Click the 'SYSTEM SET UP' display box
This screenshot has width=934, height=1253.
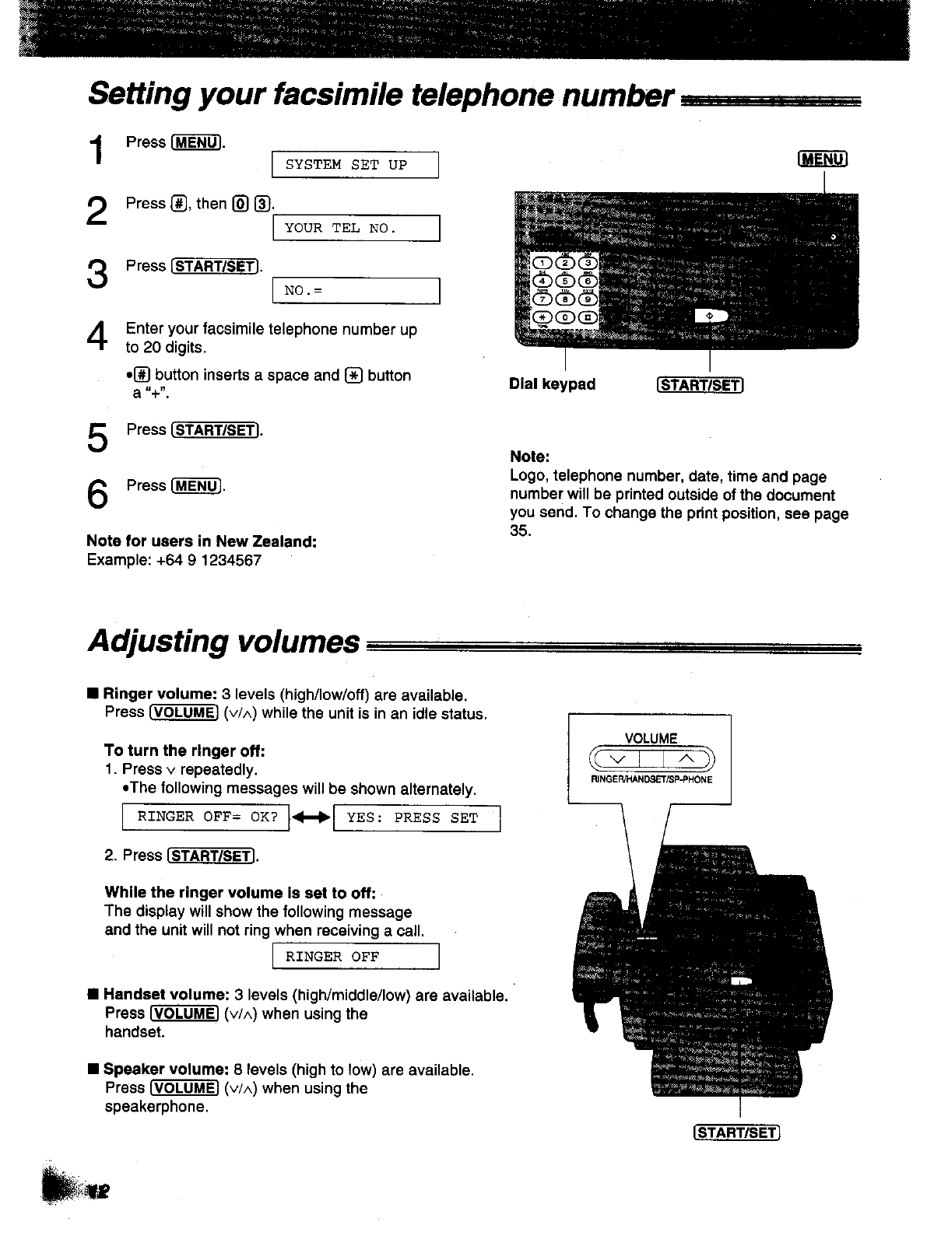(355, 165)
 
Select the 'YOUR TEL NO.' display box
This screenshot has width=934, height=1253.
(356, 228)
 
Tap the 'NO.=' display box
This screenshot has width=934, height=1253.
(356, 290)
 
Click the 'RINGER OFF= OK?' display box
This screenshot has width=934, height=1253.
(206, 817)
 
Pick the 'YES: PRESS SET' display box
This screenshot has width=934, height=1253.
(416, 818)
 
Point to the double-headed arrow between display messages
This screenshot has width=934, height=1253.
(311, 818)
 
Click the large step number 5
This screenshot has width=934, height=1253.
(97, 438)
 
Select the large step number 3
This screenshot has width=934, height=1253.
(97, 274)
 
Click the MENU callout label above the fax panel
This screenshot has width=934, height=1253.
(822, 159)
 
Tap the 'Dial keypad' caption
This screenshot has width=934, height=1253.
(552, 384)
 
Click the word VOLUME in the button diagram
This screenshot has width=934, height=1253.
(651, 738)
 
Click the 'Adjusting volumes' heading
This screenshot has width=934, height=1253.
(224, 642)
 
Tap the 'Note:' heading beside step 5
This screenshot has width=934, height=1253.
(529, 457)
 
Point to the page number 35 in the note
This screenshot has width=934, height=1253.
(519, 531)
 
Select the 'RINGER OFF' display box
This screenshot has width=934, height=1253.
(356, 957)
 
